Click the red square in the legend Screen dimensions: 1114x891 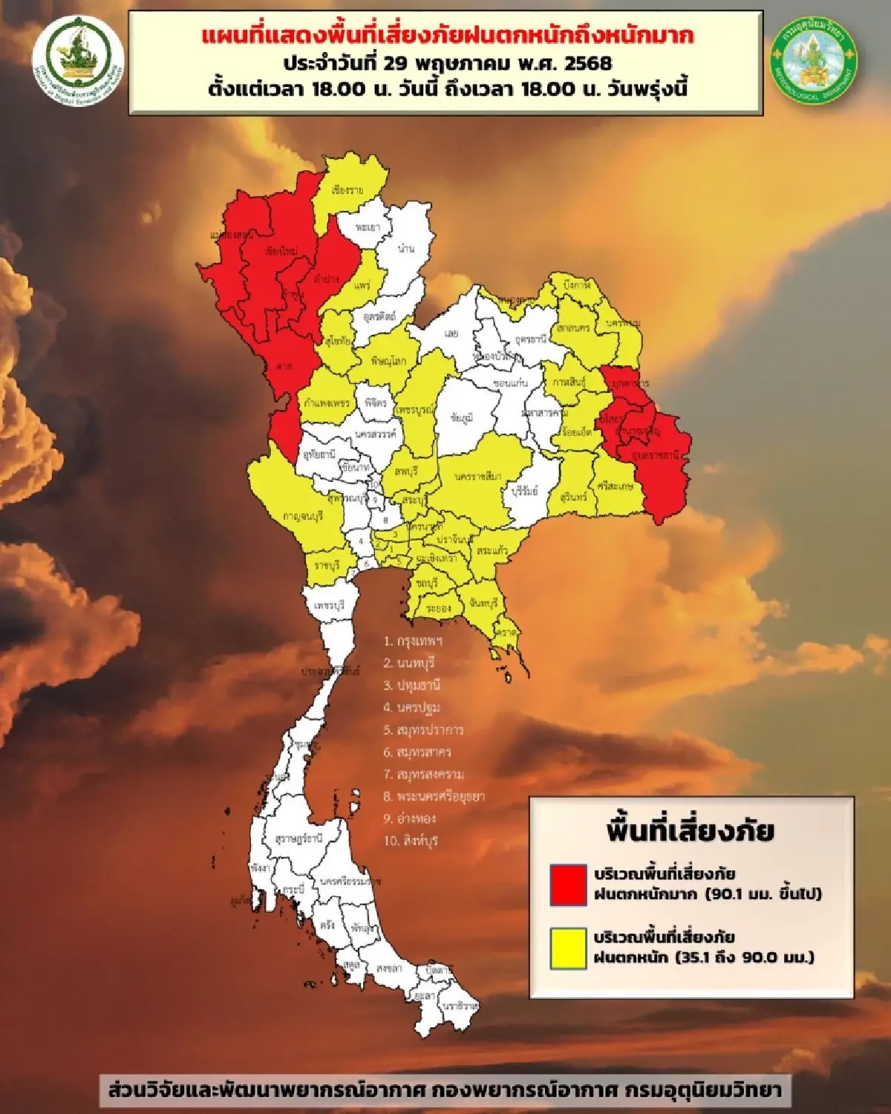pyautogui.click(x=568, y=885)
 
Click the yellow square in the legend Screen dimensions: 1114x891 pyautogui.click(x=568, y=948)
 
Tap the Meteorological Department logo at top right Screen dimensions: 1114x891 pyautogui.click(x=814, y=60)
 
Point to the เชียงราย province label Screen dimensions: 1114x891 pyautogui.click(x=348, y=191)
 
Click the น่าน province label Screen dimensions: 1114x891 pyautogui.click(x=405, y=249)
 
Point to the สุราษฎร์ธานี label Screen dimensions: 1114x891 pyautogui.click(x=298, y=838)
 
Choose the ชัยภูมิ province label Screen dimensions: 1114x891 pyautogui.click(x=462, y=417)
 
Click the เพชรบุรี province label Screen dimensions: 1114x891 pyautogui.click(x=330, y=606)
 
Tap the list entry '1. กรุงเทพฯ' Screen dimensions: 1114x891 pyautogui.click(x=413, y=640)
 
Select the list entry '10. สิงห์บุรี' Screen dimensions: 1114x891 pyautogui.click(x=411, y=841)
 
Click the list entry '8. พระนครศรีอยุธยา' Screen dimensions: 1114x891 pyautogui.click(x=434, y=796)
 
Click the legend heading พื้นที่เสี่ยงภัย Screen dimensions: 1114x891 pyautogui.click(x=690, y=830)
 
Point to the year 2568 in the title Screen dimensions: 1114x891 pyautogui.click(x=588, y=62)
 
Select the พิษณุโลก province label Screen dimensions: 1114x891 pyautogui.click(x=388, y=362)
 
